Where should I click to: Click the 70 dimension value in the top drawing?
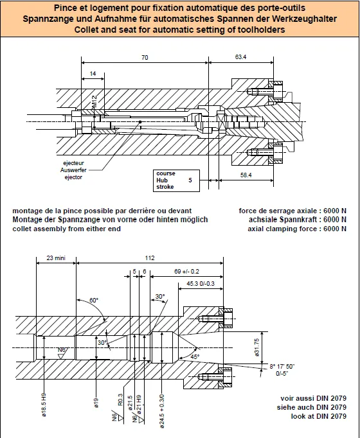(145, 58)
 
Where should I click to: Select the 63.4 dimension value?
(240, 57)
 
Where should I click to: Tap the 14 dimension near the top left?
(93, 73)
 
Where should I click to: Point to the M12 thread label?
(94, 101)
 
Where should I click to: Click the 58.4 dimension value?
(246, 175)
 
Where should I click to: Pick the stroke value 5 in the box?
(190, 180)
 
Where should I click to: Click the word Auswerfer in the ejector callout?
(73, 170)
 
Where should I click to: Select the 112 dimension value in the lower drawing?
(150, 258)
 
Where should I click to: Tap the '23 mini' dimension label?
(56, 258)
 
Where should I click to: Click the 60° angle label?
(94, 301)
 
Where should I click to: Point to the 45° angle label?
(195, 356)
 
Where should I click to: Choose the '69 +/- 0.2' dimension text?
(186, 271)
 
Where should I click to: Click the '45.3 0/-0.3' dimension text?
(201, 283)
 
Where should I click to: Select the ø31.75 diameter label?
(257, 347)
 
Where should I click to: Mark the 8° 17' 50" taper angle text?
(282, 367)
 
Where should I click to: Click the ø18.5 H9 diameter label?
(44, 405)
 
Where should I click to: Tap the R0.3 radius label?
(120, 399)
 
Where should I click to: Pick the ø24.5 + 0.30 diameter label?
(163, 411)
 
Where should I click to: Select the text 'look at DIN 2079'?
(319, 416)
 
